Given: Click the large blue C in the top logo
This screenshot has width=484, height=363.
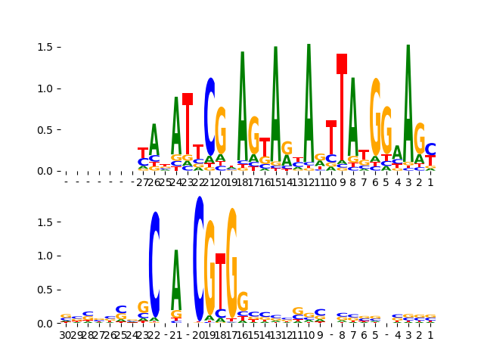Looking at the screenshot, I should (209, 117).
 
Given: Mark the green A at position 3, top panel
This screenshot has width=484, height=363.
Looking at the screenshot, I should (408, 98).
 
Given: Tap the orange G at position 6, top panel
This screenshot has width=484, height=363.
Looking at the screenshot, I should (375, 117).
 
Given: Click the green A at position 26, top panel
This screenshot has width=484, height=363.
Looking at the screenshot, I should (154, 140).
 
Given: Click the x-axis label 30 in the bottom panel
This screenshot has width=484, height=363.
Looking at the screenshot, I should (66, 335).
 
